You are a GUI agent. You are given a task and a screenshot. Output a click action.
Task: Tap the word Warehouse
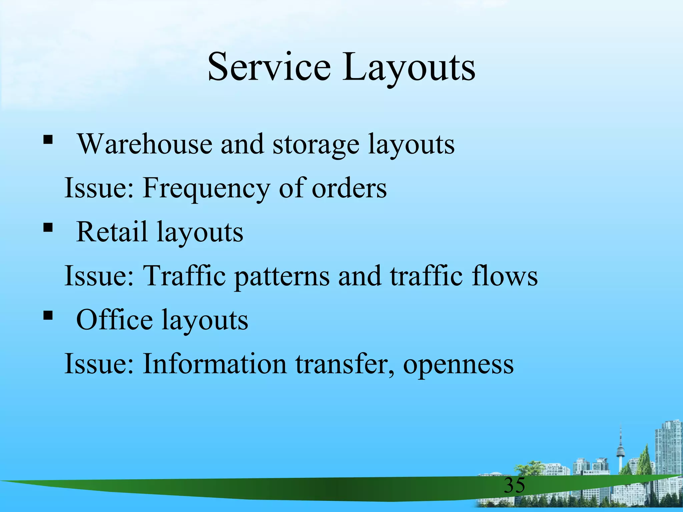click(145, 144)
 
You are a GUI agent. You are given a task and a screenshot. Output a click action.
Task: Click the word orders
click(349, 188)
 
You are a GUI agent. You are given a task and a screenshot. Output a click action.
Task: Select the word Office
click(114, 320)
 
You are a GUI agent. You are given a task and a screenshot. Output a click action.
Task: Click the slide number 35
click(514, 485)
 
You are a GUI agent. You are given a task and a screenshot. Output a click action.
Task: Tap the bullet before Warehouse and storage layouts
click(48, 140)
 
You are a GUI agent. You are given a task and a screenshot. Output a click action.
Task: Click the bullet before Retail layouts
click(48, 228)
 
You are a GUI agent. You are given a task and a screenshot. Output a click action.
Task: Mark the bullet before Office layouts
click(48, 315)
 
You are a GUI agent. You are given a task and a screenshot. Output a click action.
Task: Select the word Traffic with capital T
click(184, 276)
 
